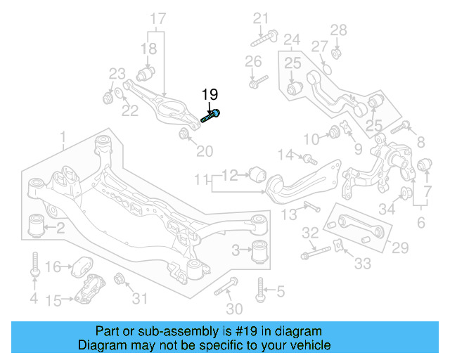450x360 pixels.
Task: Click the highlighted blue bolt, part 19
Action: coord(212,115)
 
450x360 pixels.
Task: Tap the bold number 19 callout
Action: coord(210,95)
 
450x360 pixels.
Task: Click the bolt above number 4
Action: coord(34,266)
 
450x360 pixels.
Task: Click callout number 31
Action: coord(141,299)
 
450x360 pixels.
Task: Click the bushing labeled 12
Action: coord(258,172)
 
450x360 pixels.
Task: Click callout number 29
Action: coord(399,247)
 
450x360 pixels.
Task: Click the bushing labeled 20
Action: coord(185,134)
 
